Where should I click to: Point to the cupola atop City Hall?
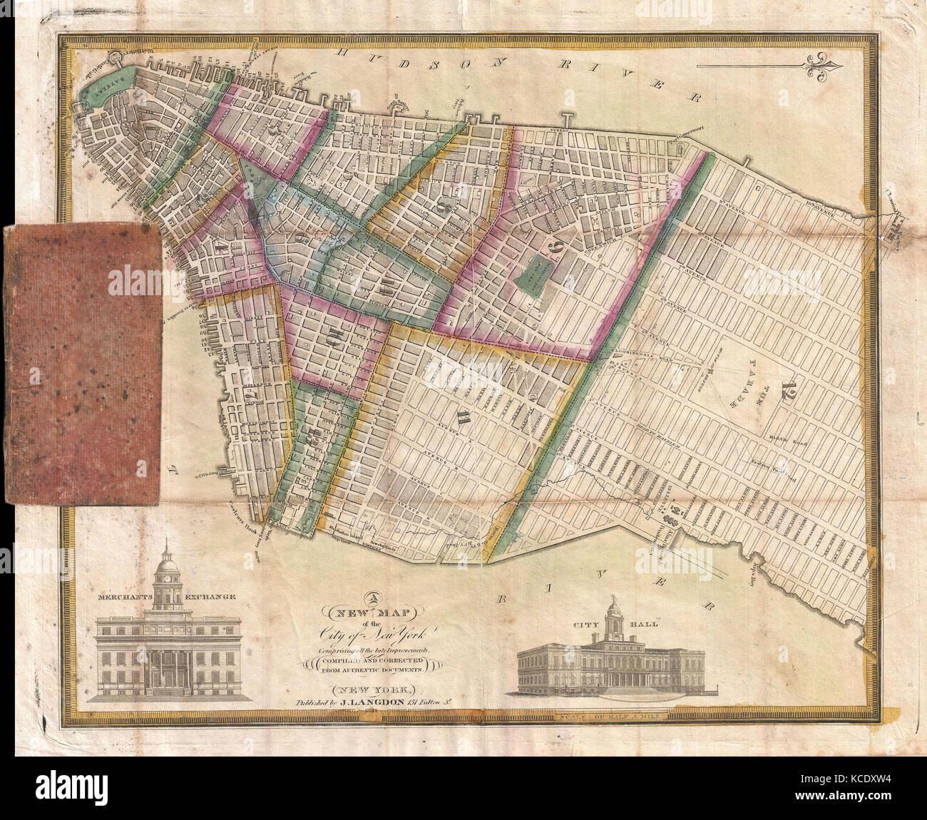pyautogui.click(x=613, y=619)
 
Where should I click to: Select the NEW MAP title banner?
pyautogui.click(x=373, y=611)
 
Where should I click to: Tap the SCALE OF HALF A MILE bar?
pyautogui.click(x=719, y=716)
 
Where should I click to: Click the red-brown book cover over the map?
pyautogui.click(x=81, y=364)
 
